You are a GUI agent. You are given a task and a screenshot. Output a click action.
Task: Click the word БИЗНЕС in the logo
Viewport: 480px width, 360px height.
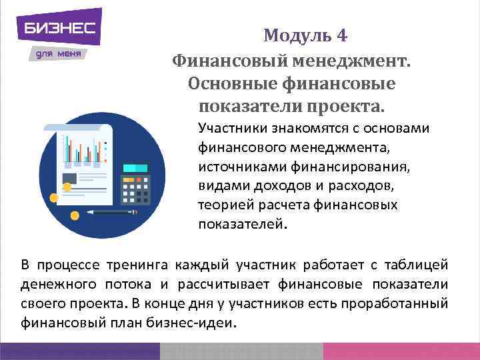coord(60,28)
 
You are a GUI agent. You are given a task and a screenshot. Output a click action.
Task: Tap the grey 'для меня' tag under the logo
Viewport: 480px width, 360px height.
coord(57,54)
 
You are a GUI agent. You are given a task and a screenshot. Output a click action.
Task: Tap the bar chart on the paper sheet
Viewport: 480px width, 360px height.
coord(83,150)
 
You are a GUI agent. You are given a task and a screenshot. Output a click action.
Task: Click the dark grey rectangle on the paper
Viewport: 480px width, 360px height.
coord(69,178)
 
